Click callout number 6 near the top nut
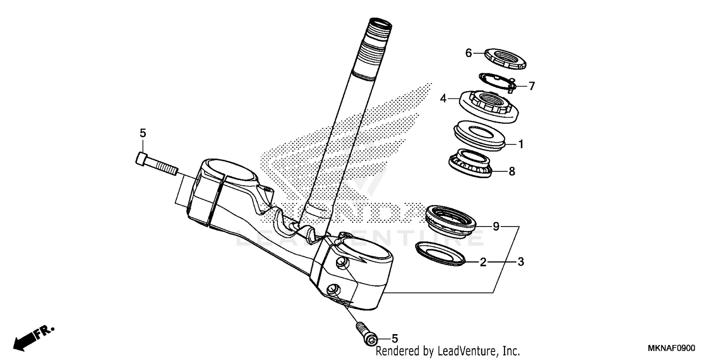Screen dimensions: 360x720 tap(469, 53)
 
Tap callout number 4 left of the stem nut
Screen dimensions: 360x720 tap(444, 98)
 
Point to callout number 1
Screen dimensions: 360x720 tap(521, 144)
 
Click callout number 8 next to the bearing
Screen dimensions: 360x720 tap(512, 171)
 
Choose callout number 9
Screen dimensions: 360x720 tap(496, 226)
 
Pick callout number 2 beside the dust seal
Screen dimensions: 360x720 tap(483, 262)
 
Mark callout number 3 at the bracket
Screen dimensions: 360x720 tap(520, 262)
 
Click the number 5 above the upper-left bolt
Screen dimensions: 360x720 tap(143, 133)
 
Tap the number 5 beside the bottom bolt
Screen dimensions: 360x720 tap(395, 338)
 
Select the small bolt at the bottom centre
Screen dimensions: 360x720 tap(366, 332)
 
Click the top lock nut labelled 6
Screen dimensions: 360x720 tap(505, 59)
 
